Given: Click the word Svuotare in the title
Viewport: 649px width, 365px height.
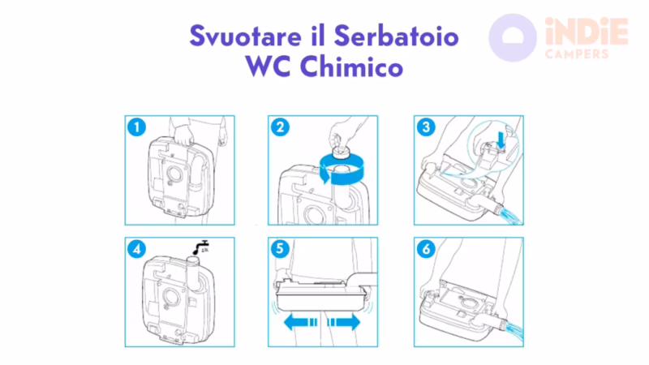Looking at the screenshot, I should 238,36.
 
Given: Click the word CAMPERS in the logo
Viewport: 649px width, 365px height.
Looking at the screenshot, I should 577,54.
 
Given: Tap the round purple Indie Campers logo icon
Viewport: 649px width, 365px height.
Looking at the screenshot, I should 513,37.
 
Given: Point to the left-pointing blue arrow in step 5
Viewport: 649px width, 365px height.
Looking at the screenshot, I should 301,322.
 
